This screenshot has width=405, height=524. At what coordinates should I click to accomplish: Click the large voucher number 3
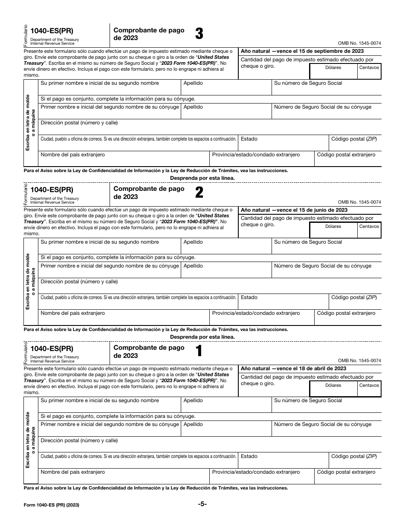pyautogui.click(x=199, y=34)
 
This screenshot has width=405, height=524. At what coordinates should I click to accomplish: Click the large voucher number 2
pyautogui.click(x=199, y=193)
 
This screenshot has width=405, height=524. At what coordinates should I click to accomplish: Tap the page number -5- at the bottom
pyautogui.click(x=202, y=504)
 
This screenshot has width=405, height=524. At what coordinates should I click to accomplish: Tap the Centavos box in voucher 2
pyautogui.click(x=369, y=230)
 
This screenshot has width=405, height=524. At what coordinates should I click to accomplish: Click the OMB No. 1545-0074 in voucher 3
pyautogui.click(x=359, y=43)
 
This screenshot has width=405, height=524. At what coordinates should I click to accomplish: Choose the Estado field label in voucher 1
pyautogui.click(x=249, y=456)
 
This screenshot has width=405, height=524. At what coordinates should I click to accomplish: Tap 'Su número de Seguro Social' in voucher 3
pyautogui.click(x=308, y=83)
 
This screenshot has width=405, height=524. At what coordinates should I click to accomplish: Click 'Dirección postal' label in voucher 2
pyautogui.click(x=79, y=282)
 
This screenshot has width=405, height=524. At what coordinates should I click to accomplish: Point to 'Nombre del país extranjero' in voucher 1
pyautogui.click(x=72, y=472)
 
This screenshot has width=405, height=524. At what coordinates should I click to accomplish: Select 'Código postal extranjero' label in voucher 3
pyautogui.click(x=346, y=155)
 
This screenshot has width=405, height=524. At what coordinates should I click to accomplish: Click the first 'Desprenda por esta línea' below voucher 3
pyautogui.click(x=202, y=178)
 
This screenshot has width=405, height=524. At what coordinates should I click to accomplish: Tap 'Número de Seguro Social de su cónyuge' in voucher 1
pyautogui.click(x=322, y=424)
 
